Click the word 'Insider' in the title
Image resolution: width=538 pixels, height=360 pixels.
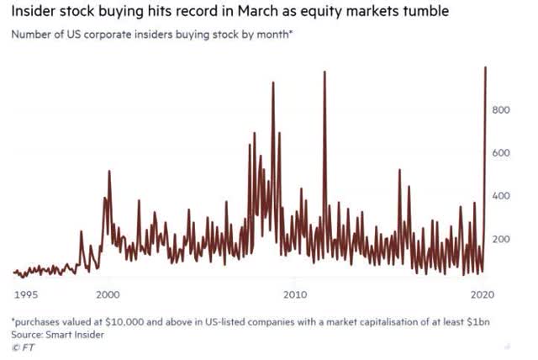pos(37,13)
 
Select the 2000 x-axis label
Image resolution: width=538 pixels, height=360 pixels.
pos(107,294)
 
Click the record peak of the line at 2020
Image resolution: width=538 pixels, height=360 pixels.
pos(486,67)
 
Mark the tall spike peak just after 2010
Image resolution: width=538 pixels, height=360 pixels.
pos(324,72)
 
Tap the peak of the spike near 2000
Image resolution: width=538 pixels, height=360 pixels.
pos(109,172)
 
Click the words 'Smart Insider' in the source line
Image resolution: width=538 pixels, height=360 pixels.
pos(76,334)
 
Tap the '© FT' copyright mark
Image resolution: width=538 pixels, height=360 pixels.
pos(23,346)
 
